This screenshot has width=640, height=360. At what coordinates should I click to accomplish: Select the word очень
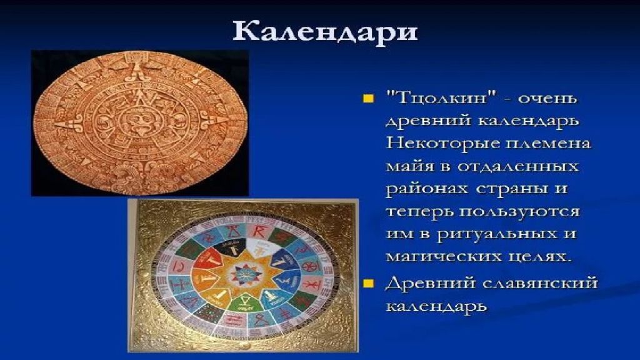tap(547, 99)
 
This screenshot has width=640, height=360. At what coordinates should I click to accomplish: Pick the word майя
tap(410, 167)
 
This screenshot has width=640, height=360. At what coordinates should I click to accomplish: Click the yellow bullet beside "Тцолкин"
tap(368, 99)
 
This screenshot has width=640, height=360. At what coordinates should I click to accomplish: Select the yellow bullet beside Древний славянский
tap(368, 283)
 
